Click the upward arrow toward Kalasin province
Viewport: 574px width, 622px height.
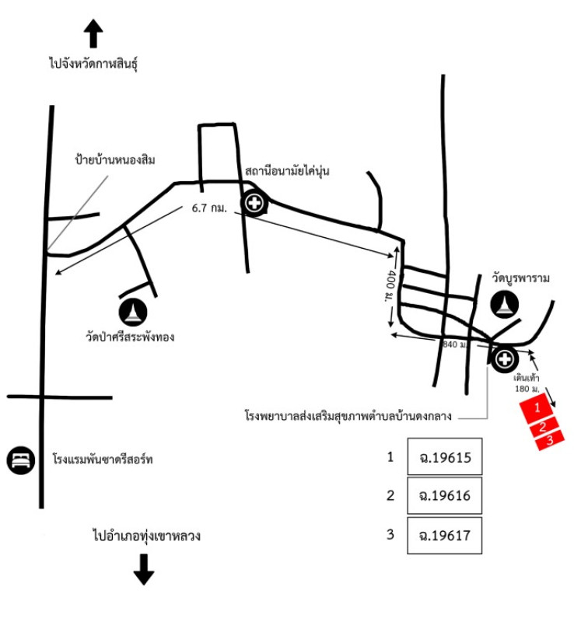(x=93, y=35)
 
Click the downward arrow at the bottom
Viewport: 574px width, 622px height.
(x=143, y=569)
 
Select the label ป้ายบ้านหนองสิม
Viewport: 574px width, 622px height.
(x=114, y=160)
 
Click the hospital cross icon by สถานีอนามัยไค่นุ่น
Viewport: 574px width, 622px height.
(x=254, y=204)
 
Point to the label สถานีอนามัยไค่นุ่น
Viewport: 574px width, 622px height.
(x=287, y=171)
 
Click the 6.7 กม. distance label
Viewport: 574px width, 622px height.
(x=208, y=208)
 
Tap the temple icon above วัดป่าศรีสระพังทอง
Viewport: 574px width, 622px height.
(x=133, y=312)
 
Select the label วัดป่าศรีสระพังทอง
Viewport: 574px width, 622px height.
(x=131, y=337)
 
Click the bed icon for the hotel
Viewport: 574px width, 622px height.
(x=21, y=460)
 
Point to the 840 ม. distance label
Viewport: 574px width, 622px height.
(x=453, y=343)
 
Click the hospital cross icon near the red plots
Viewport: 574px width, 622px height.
(x=504, y=358)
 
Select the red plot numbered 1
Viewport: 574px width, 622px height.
(x=536, y=407)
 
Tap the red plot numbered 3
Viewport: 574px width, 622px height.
(x=550, y=439)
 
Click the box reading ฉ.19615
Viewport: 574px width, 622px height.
(x=446, y=456)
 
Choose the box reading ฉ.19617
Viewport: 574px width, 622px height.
(x=446, y=536)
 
